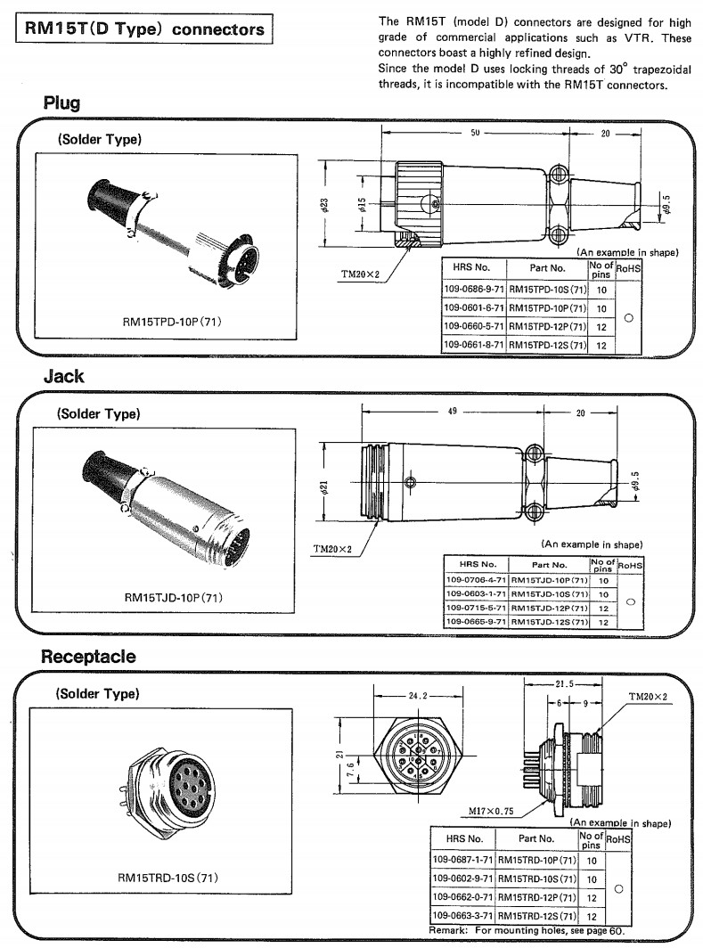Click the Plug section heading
pos(62,103)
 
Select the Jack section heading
pos(64,376)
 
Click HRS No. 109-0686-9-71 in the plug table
pos(474,289)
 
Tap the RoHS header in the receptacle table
pos(617,838)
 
